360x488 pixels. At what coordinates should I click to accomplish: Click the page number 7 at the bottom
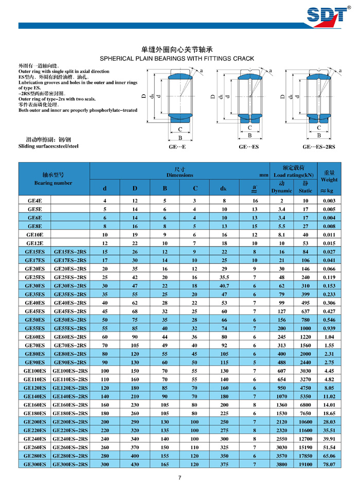pos(179,477)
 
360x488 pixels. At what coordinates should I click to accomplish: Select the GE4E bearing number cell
pos(34,200)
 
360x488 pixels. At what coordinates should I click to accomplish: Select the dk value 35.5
pos(224,276)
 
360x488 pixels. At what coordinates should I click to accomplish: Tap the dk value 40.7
pos(224,285)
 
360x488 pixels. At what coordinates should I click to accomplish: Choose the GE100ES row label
pos(34,370)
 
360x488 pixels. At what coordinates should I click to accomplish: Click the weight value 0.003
pos(329,200)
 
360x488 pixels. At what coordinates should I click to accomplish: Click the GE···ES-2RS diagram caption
pos(318,146)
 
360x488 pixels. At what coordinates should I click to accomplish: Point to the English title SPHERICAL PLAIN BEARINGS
pos(179,59)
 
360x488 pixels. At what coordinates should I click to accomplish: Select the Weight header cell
pos(329,180)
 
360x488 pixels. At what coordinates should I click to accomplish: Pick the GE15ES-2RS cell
pos(70,251)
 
